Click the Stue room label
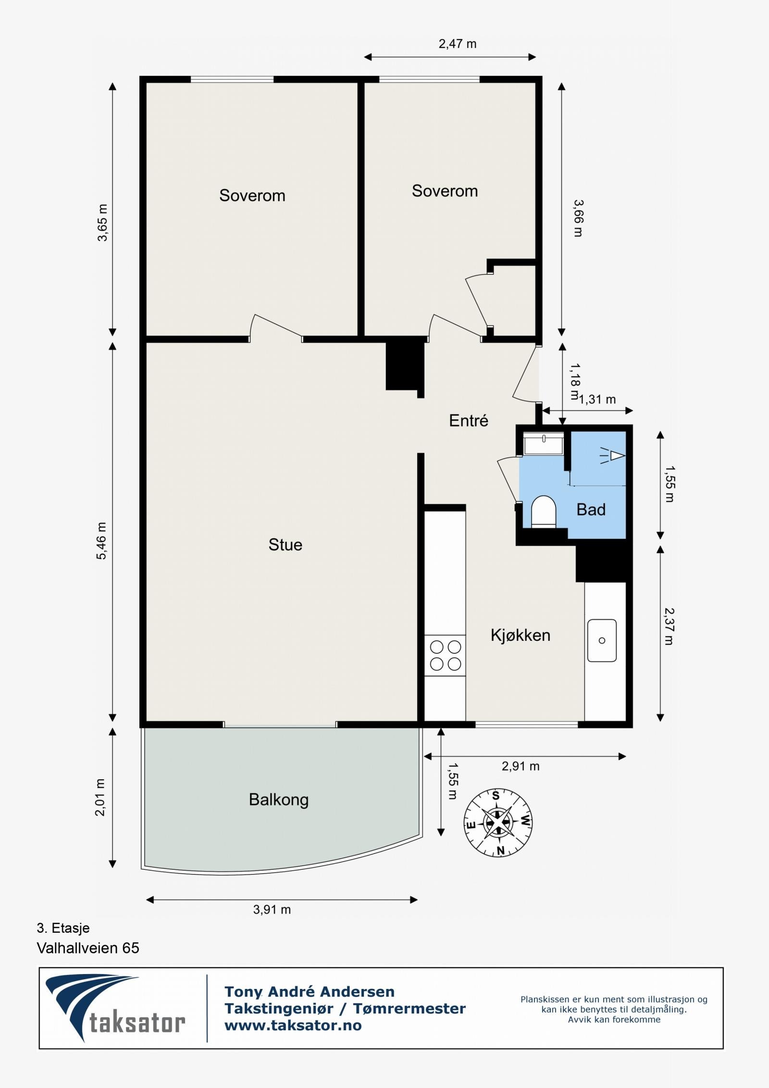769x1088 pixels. click(x=285, y=545)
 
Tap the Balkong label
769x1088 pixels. click(x=279, y=800)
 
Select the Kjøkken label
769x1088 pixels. click(x=521, y=635)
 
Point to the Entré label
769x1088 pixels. click(x=469, y=421)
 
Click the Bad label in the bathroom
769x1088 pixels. click(x=591, y=509)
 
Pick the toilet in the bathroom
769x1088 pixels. click(x=544, y=511)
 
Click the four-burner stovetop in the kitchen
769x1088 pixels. click(x=445, y=655)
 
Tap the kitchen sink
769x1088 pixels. click(x=602, y=640)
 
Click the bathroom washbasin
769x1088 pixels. click(x=544, y=443)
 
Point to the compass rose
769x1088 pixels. click(x=498, y=823)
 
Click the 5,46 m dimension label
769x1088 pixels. click(x=102, y=541)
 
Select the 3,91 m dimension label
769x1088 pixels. click(x=272, y=910)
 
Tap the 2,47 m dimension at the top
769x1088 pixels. click(x=458, y=44)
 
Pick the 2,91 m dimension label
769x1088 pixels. click(x=521, y=766)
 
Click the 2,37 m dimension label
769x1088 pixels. click(x=669, y=626)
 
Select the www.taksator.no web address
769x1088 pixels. click(x=293, y=1025)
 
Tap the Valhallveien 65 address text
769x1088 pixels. click(x=88, y=948)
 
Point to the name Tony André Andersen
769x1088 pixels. click(x=310, y=991)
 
